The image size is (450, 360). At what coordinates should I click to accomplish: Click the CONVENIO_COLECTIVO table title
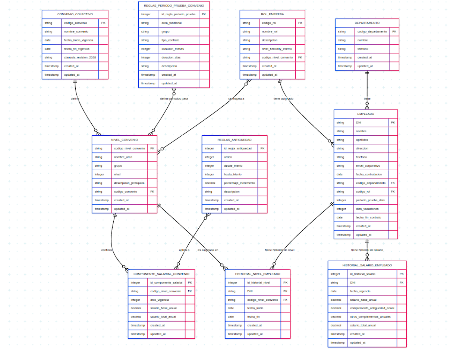[x=75, y=14]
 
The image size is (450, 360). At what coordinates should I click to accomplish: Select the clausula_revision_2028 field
[x=80, y=57]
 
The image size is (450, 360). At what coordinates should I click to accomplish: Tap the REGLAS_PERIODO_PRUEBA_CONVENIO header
[x=174, y=6]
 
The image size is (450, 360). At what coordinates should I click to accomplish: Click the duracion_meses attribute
[x=172, y=49]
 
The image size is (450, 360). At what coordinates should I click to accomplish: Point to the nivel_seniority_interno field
[x=277, y=49]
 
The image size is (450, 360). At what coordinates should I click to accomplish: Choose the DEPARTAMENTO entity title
[x=367, y=23]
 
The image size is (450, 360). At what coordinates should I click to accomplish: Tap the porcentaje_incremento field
[x=239, y=183]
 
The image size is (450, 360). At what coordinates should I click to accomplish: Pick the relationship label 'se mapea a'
[x=236, y=99]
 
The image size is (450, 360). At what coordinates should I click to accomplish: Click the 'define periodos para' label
[x=174, y=99]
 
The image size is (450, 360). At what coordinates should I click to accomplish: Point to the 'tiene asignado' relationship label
[x=283, y=99]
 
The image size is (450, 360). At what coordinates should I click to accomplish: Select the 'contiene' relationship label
[x=107, y=250]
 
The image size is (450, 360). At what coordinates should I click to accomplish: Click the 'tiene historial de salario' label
[x=367, y=250]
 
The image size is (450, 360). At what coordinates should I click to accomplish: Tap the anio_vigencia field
[x=160, y=300]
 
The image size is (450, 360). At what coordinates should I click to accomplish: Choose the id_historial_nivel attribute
[x=259, y=282]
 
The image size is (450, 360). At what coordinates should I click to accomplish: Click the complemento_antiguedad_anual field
[x=372, y=308]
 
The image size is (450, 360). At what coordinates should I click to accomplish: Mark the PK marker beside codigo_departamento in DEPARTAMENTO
[x=394, y=32]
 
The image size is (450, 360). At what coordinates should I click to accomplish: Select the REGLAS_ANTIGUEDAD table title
[x=235, y=140]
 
